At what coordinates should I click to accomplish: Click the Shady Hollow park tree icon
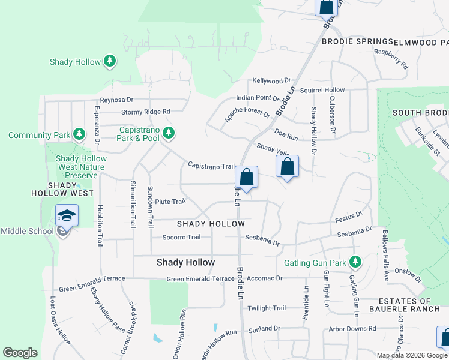pyautogui.click(x=109, y=61)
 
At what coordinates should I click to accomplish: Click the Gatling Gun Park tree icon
pyautogui.click(x=355, y=262)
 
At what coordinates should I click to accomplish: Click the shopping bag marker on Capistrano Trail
pyautogui.click(x=246, y=178)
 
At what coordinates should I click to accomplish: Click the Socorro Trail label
pyautogui.click(x=181, y=237)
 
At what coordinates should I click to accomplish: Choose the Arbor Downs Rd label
pyautogui.click(x=352, y=329)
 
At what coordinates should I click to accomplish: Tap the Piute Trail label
pyautogui.click(x=170, y=202)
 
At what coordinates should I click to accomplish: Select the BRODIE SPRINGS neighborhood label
pyautogui.click(x=357, y=42)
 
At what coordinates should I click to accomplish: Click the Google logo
pyautogui.click(x=20, y=353)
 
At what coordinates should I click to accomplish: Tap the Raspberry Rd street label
pyautogui.click(x=391, y=59)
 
